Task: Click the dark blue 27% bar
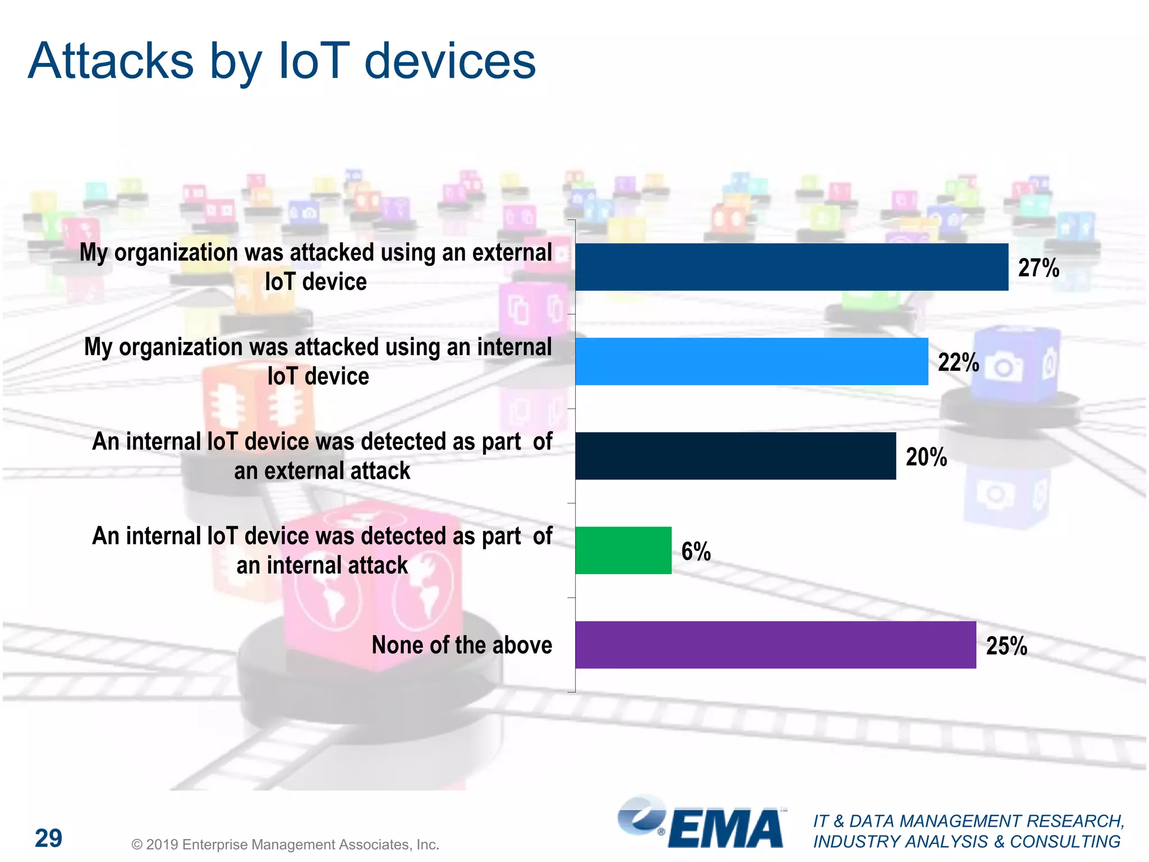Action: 791,267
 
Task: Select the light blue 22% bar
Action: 751,361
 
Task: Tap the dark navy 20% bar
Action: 735,456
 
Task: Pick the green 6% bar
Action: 623,550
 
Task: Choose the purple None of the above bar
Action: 775,644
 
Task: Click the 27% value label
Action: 1038,268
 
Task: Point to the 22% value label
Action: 958,362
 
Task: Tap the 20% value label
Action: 926,457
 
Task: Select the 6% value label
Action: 696,551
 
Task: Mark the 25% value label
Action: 1006,645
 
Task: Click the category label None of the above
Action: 462,645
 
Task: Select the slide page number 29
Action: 49,838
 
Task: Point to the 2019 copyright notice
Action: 285,844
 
